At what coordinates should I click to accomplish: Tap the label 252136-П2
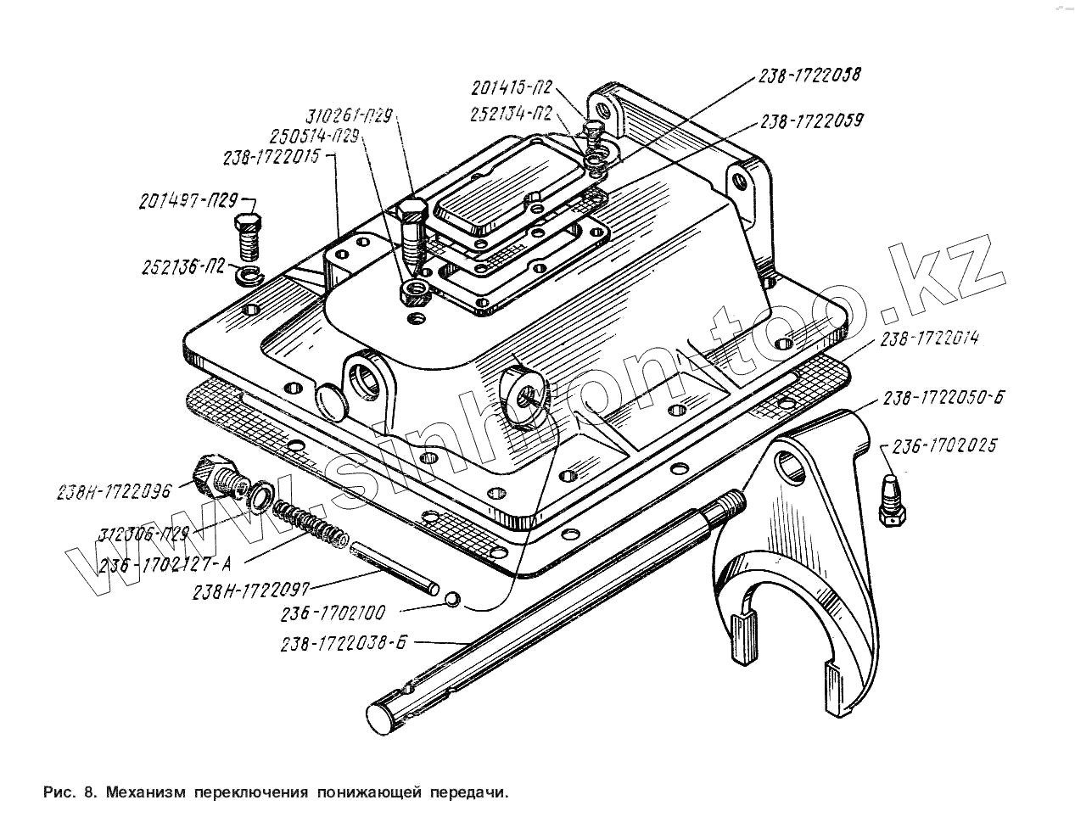point(183,267)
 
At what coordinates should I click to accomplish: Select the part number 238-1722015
point(271,158)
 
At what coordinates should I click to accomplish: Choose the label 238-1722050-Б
point(943,398)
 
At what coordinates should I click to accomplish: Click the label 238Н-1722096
point(114,491)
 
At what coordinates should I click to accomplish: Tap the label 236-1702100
point(333,612)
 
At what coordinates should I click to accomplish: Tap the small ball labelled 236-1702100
point(453,600)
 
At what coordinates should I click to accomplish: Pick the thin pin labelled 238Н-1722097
point(395,566)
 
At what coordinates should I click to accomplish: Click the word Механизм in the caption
point(146,793)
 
